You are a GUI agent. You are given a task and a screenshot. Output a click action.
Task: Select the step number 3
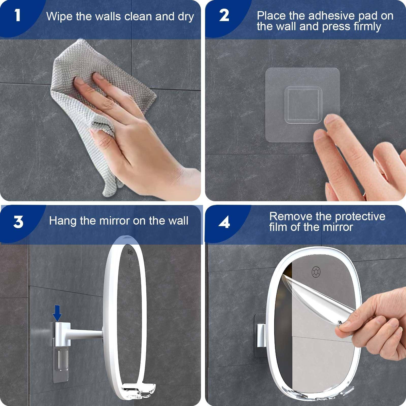click(18, 222)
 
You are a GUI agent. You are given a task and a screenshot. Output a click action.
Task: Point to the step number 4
click(224, 222)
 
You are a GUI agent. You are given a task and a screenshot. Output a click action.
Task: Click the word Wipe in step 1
click(59, 17)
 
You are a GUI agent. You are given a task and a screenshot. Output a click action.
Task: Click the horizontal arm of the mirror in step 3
click(86, 334)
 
